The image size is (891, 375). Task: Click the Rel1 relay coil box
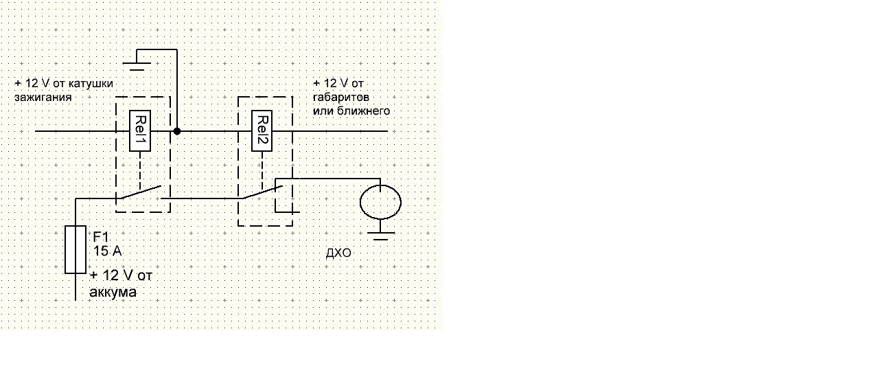click(x=140, y=130)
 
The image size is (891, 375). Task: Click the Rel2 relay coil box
click(x=263, y=130)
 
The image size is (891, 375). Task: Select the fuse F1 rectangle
click(x=75, y=249)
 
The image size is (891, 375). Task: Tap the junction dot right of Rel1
click(x=176, y=130)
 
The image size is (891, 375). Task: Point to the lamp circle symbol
click(x=380, y=202)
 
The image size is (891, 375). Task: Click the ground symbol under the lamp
click(x=380, y=234)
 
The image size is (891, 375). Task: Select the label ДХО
click(x=338, y=255)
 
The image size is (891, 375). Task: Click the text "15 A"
click(x=107, y=251)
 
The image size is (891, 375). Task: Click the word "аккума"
click(x=113, y=292)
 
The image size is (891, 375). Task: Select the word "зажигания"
click(x=43, y=98)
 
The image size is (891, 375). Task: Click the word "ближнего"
click(x=367, y=110)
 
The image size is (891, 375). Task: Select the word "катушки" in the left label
click(x=91, y=84)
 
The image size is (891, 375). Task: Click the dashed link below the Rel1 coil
click(x=140, y=169)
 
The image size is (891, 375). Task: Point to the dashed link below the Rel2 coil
click(x=263, y=169)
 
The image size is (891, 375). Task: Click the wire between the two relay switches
click(x=204, y=199)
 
